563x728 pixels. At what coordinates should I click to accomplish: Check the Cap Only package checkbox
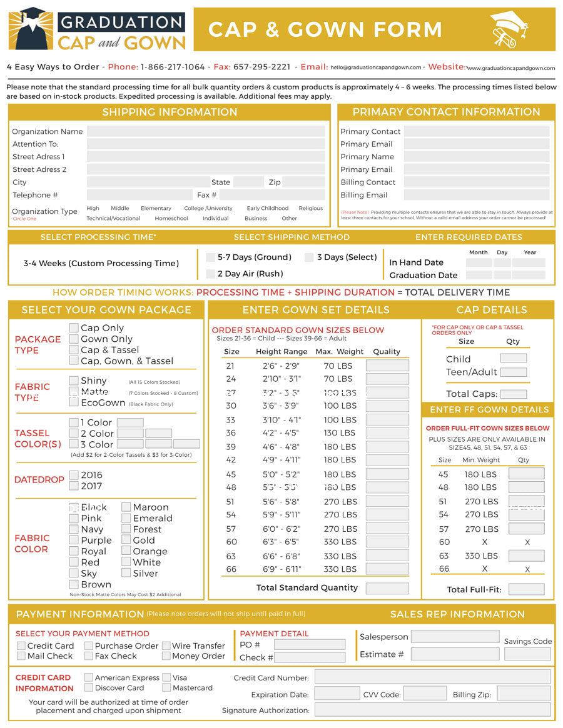pos(74,328)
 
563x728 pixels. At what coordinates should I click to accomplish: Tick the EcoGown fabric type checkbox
pos(74,402)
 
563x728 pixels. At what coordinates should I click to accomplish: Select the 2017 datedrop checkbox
pos(74,486)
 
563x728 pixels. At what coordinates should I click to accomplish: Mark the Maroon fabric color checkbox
pos(126,507)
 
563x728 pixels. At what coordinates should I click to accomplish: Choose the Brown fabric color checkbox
pos(74,584)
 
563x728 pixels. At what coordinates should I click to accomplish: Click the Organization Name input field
pos(206,132)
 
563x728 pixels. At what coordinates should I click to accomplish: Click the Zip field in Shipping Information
pos(303,182)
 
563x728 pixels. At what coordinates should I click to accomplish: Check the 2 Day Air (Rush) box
pos(211,274)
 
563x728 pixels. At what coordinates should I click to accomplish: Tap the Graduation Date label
pos(423,276)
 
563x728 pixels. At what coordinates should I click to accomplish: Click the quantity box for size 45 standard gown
pos(387,474)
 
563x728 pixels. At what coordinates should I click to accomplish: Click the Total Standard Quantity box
pos(387,588)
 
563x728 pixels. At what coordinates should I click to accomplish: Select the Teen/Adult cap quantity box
pos(513,372)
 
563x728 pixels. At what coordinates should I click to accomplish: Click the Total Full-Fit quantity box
pos(526,589)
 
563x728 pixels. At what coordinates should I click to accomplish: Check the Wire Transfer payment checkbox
pos(166,646)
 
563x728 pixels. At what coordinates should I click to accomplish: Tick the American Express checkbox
pos(89,677)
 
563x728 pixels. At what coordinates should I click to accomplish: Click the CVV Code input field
pos(425,694)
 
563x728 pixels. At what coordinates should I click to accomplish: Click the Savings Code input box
pos(527,654)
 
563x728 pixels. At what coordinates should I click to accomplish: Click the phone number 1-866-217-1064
pos(173,67)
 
